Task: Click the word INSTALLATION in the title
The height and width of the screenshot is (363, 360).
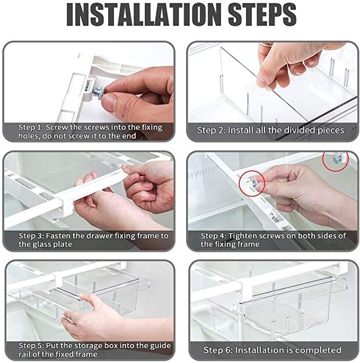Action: [x=144, y=15]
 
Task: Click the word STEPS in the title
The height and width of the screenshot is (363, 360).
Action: [x=262, y=15]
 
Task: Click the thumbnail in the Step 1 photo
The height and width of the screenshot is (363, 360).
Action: [x=109, y=102]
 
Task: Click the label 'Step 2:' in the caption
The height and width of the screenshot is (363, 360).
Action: [x=211, y=130]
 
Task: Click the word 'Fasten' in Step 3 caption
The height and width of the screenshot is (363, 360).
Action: [x=58, y=236]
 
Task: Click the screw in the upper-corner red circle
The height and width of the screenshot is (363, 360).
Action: [x=336, y=160]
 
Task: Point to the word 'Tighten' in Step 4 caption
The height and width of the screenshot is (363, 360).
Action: [x=242, y=236]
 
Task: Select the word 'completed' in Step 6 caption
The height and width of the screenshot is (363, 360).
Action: [x=321, y=350]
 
